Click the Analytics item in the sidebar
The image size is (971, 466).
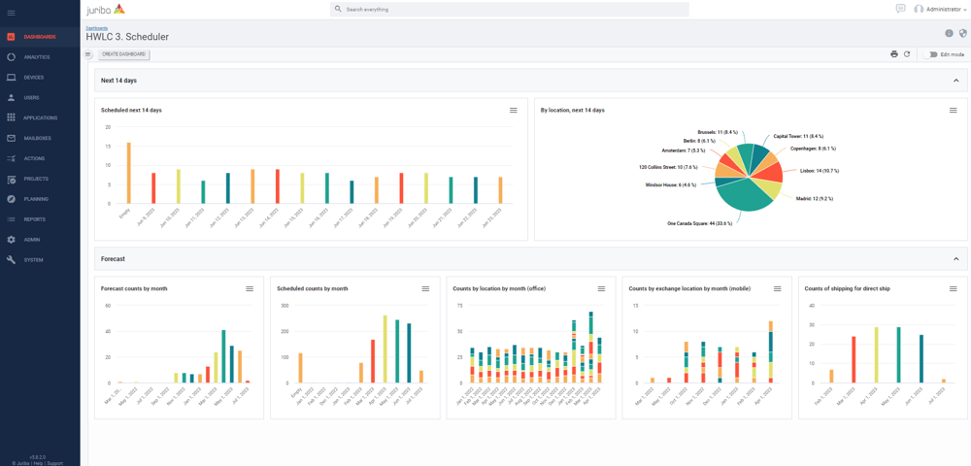pyautogui.click(x=36, y=57)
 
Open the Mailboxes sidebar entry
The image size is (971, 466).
pyautogui.click(x=37, y=138)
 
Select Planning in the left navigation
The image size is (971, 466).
pyautogui.click(x=35, y=199)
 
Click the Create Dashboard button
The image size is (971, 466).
pyautogui.click(x=123, y=54)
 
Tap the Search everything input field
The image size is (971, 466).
pyautogui.click(x=510, y=9)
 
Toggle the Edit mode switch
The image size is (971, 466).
pyautogui.click(x=933, y=54)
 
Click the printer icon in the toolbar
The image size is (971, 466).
pyautogui.click(x=894, y=54)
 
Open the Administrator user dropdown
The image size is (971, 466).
pyautogui.click(x=941, y=9)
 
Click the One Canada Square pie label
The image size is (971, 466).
pyautogui.click(x=699, y=223)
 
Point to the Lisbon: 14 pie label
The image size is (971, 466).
pyautogui.click(x=819, y=170)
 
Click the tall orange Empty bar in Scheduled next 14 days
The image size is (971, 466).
pyautogui.click(x=128, y=173)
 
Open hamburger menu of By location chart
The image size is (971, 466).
pyautogui.click(x=953, y=111)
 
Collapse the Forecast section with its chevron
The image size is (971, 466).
pyautogui.click(x=955, y=259)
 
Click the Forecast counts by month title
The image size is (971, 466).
pyautogui.click(x=134, y=288)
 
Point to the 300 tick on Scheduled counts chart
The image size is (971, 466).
pyautogui.click(x=285, y=306)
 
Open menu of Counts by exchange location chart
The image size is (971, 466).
pyautogui.click(x=777, y=288)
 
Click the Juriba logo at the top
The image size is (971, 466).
pyautogui.click(x=106, y=9)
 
